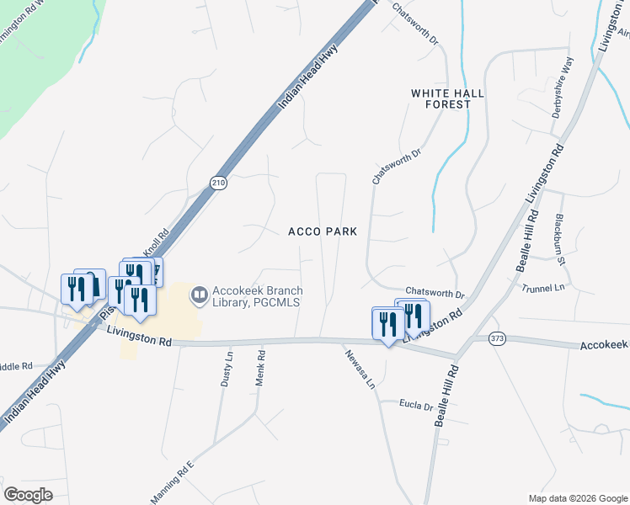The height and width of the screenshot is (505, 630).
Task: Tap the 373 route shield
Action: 497,338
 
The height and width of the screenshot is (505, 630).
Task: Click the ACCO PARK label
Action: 323,231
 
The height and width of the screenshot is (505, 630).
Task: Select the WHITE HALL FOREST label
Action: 448,98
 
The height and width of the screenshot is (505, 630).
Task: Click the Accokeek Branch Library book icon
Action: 200,295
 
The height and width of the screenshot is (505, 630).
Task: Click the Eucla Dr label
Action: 416,406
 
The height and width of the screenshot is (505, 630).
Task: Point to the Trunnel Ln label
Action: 543,288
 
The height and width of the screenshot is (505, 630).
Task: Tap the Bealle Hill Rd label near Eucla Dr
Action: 445,396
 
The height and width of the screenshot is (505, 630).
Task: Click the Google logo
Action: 29,496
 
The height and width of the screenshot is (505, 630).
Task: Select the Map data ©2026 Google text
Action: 577,498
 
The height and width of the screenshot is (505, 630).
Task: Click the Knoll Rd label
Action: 155,246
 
